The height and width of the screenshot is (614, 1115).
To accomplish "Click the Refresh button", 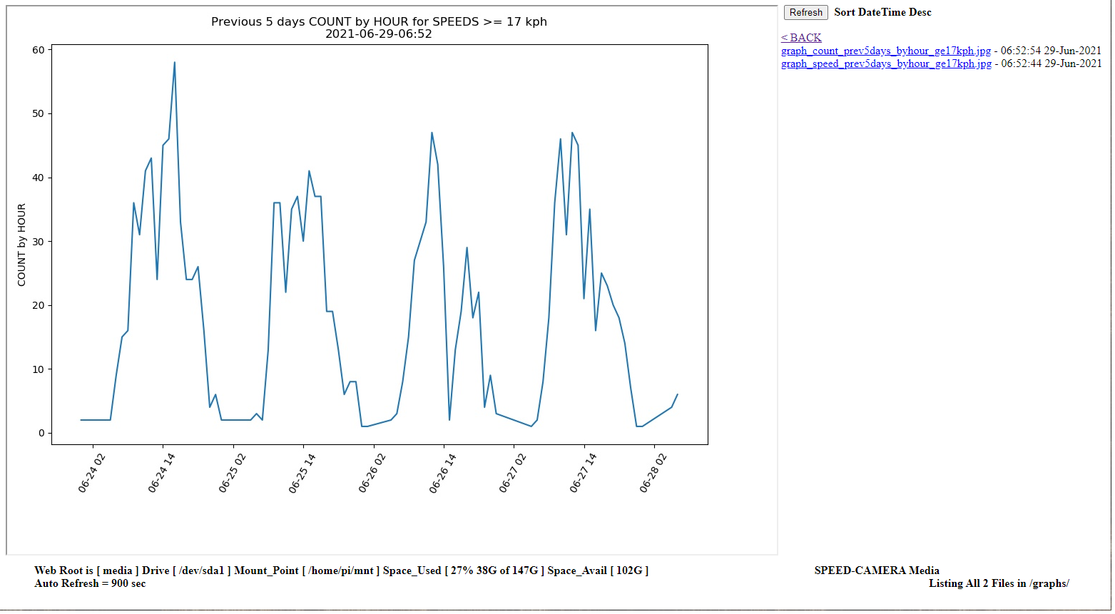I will [x=805, y=12].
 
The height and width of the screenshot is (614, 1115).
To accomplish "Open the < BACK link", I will [x=801, y=38].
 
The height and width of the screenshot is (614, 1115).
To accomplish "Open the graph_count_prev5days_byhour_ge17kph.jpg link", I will [x=885, y=51].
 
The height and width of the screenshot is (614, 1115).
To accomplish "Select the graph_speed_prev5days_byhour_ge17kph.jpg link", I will [x=886, y=63].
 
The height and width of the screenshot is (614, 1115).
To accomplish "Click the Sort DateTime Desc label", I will [x=882, y=12].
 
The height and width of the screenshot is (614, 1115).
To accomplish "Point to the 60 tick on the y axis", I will [x=38, y=50].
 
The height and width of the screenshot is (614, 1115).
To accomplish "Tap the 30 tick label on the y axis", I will [x=38, y=242].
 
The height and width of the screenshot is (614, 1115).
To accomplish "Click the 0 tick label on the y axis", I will [x=41, y=433].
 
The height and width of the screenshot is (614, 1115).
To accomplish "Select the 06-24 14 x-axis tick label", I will [x=161, y=473].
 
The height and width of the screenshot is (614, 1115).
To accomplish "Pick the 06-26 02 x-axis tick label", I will [x=372, y=473].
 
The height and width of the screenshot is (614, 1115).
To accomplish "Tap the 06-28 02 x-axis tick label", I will [x=653, y=473].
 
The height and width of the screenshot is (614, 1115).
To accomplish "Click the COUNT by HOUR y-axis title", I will [x=21, y=245].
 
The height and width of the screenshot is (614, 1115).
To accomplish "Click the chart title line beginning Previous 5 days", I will [x=379, y=21].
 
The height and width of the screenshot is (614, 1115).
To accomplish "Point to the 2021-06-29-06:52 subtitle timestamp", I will [x=379, y=34].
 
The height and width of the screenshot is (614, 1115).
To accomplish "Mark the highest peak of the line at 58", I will [x=174, y=63].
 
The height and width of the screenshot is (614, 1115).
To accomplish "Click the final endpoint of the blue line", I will [x=677, y=394].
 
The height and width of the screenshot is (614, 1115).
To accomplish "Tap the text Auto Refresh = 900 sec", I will [x=90, y=583].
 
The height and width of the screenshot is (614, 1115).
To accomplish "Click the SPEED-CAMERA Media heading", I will [x=877, y=570].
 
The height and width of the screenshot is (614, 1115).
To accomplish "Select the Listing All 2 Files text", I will [x=999, y=583].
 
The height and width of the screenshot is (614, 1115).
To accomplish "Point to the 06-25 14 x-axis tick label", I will [x=302, y=473].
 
